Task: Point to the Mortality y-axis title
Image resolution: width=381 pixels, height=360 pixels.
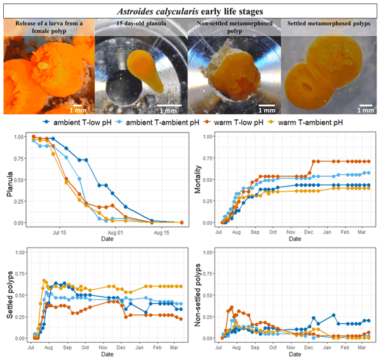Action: (202, 179)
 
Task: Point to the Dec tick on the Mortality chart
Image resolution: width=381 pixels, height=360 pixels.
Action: (311, 233)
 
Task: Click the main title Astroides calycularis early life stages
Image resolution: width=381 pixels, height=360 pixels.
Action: (190, 9)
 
